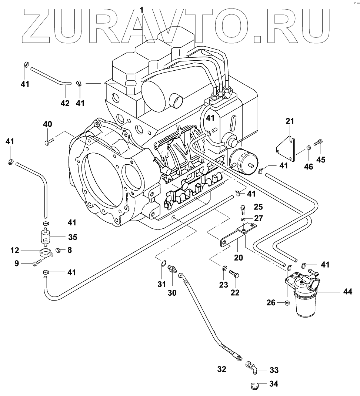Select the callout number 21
click(290, 121)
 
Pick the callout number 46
click(308, 167)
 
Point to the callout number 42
click(65, 103)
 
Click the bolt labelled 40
click(49, 141)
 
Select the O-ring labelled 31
click(162, 264)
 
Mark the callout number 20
click(239, 258)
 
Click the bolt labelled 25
click(242, 209)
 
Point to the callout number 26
click(271, 303)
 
